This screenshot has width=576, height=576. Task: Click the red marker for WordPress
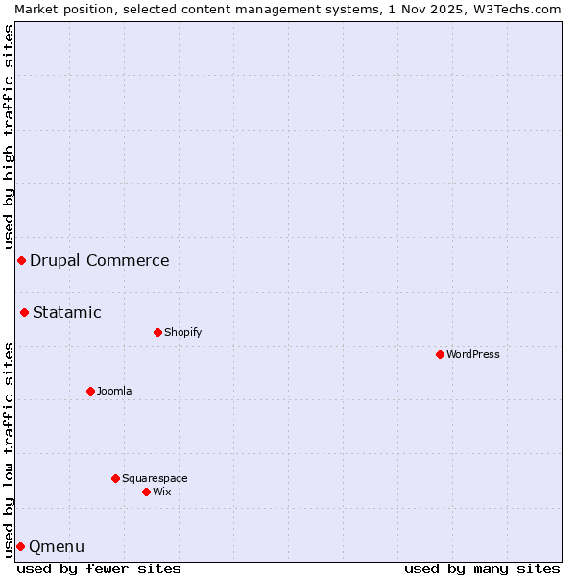[440, 354]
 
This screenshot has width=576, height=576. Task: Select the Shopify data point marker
[157, 332]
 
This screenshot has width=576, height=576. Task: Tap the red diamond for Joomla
[90, 391]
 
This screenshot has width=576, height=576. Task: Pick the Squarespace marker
[115, 478]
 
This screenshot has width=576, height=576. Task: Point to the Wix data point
[146, 492]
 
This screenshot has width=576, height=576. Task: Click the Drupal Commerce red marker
[21, 260]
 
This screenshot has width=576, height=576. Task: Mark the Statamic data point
[24, 312]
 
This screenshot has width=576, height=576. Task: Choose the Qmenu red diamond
[20, 546]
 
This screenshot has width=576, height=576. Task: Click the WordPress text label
[473, 354]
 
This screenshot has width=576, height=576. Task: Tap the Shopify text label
[182, 332]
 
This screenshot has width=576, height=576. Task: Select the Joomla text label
[114, 391]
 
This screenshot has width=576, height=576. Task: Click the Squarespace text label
[155, 478]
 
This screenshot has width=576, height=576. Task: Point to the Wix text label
[161, 492]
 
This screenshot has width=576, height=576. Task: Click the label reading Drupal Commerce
[99, 260]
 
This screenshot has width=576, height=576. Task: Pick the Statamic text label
[66, 312]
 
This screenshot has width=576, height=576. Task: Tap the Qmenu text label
[57, 546]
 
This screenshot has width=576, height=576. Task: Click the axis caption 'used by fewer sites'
[99, 568]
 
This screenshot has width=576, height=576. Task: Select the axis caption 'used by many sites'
[482, 568]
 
